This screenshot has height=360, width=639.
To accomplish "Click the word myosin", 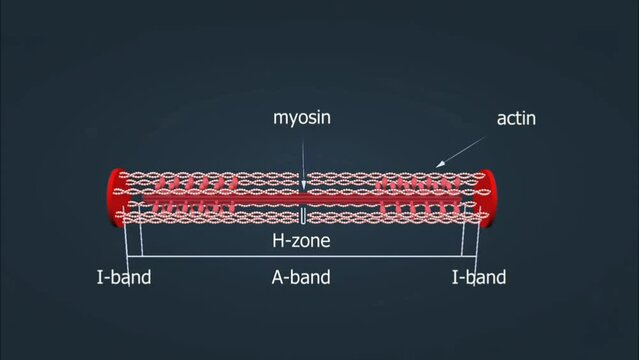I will pos(302,118).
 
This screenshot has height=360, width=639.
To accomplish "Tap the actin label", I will pos(516,119).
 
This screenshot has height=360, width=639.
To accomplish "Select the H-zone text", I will pos(301,241).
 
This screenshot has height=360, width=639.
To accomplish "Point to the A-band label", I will pos(301,277).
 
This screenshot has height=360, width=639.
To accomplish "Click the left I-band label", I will pos(123,277).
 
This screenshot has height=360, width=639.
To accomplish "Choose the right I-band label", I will pos(478,277).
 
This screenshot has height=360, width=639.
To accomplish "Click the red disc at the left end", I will pos(113,196).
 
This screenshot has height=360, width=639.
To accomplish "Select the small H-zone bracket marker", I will pos(302,217).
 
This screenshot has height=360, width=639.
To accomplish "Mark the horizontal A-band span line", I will pos(301,257).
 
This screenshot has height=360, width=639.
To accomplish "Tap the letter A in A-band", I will pos(278,277).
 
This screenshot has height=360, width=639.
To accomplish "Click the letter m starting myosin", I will pos(281,119).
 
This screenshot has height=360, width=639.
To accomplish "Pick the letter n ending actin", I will pos(531,119).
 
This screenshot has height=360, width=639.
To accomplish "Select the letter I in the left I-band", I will pos(98,277).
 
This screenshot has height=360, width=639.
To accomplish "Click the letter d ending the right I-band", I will pos(500,277).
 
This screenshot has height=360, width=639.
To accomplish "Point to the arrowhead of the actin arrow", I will pos(436,166).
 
